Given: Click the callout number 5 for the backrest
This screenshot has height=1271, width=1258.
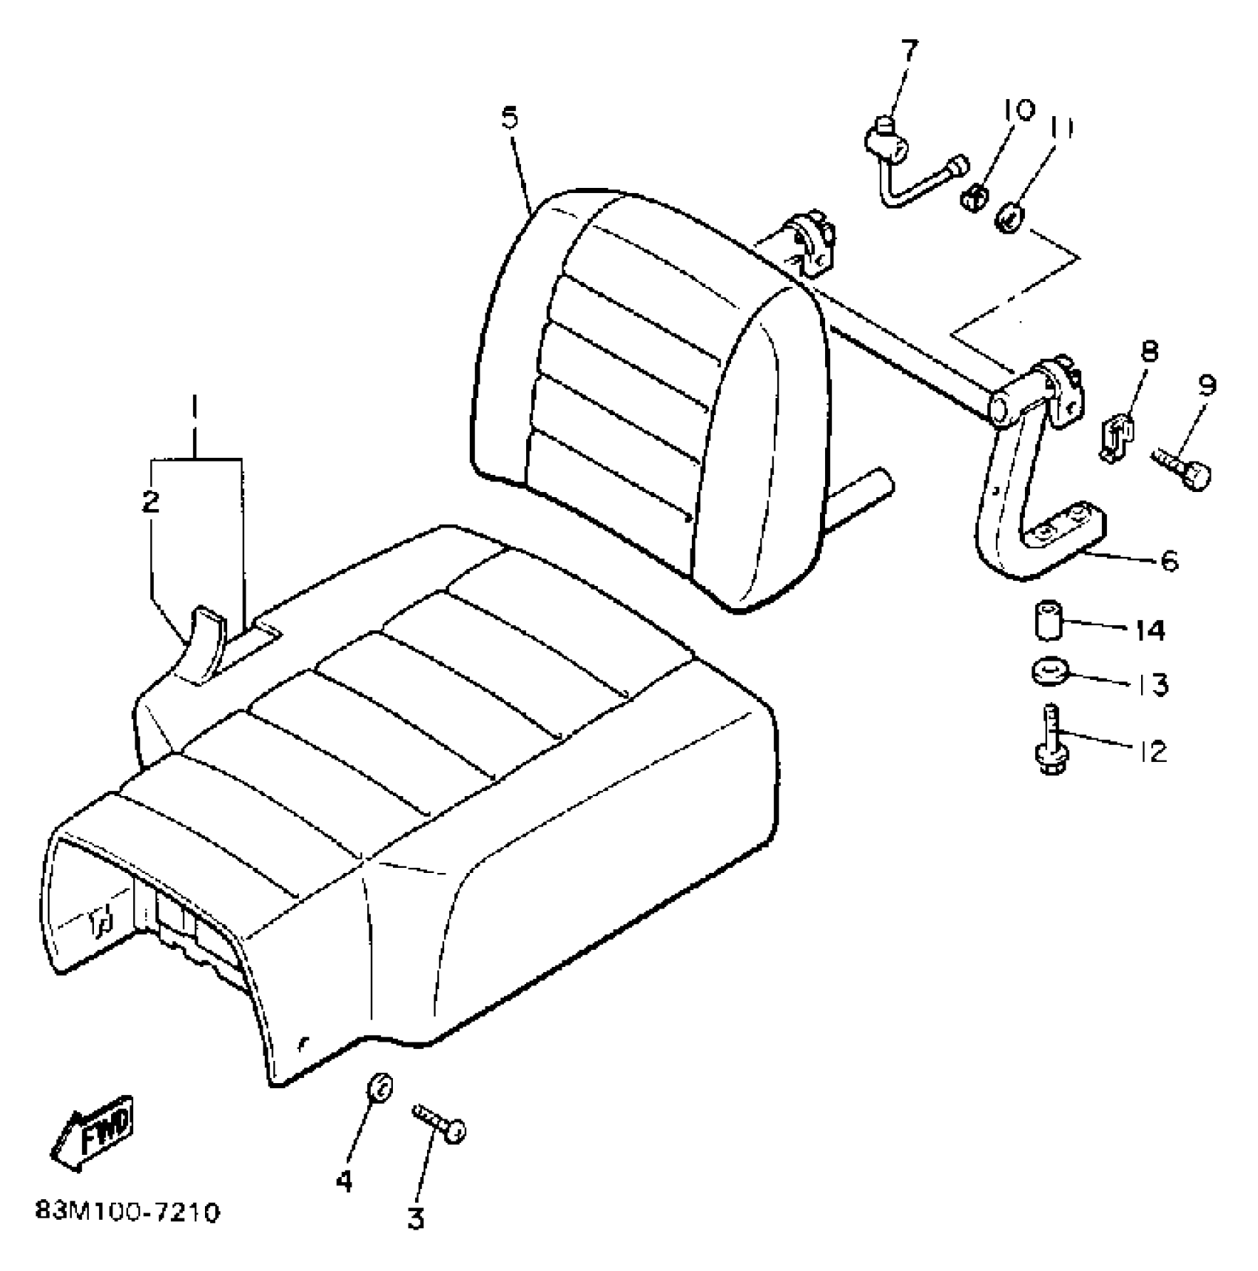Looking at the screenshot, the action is tap(510, 118).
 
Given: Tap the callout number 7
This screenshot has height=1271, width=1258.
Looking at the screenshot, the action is tap(909, 52).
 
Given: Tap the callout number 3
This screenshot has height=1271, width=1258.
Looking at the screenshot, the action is tap(416, 1218).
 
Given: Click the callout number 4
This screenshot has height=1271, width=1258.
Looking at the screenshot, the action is tap(344, 1181).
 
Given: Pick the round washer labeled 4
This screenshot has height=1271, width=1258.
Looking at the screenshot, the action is tap(380, 1088).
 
